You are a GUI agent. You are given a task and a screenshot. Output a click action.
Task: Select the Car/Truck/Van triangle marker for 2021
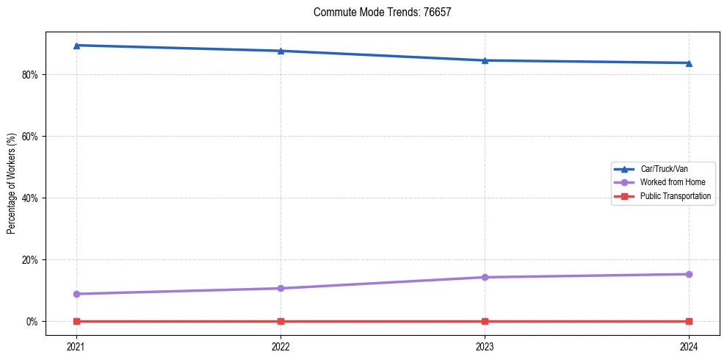tap(76, 46)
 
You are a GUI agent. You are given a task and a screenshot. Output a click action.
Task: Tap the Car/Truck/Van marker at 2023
tap(485, 60)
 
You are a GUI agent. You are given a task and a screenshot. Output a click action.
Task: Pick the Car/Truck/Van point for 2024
tap(689, 63)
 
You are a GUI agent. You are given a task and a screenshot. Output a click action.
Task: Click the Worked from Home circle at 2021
tap(76, 294)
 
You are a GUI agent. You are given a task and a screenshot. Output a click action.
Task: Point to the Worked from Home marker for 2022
tap(281, 288)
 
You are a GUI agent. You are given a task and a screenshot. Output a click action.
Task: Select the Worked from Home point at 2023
tap(485, 277)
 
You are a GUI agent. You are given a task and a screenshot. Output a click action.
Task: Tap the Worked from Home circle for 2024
tap(689, 274)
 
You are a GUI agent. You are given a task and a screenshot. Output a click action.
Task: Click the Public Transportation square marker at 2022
tap(281, 321)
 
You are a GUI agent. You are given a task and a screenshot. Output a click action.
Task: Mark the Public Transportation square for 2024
tap(689, 321)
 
